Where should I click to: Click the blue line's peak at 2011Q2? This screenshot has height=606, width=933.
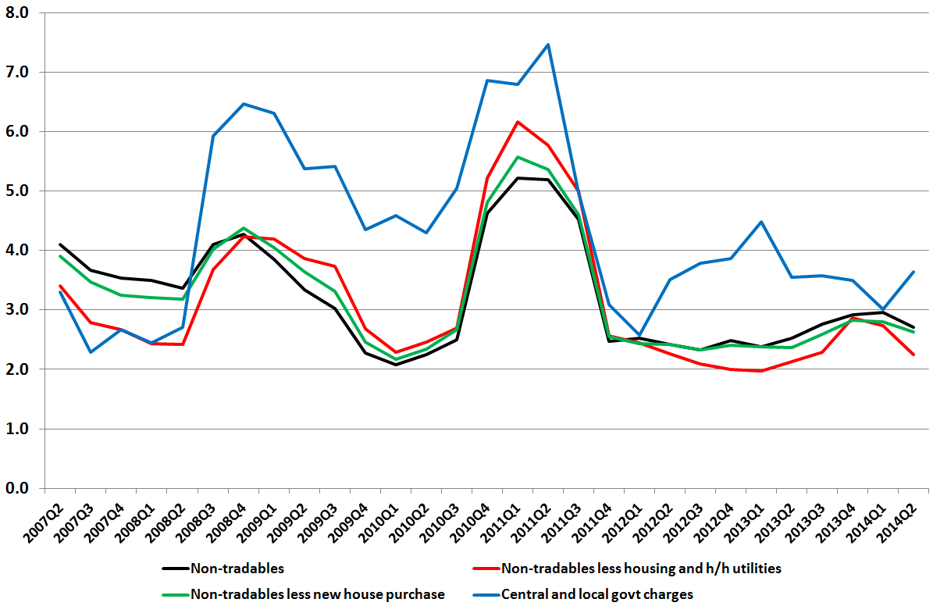click(548, 45)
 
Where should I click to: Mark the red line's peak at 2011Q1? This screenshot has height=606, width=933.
click(518, 122)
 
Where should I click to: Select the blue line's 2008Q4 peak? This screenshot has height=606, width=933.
click(244, 104)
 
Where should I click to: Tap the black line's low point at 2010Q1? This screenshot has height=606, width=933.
click(396, 365)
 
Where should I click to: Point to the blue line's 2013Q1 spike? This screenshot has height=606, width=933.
click(760, 222)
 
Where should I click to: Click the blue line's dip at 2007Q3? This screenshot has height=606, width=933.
click(91, 352)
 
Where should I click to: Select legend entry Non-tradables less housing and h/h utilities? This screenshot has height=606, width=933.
click(641, 568)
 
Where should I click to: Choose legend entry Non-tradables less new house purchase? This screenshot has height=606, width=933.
click(317, 594)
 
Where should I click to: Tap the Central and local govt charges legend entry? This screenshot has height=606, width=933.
click(596, 594)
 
